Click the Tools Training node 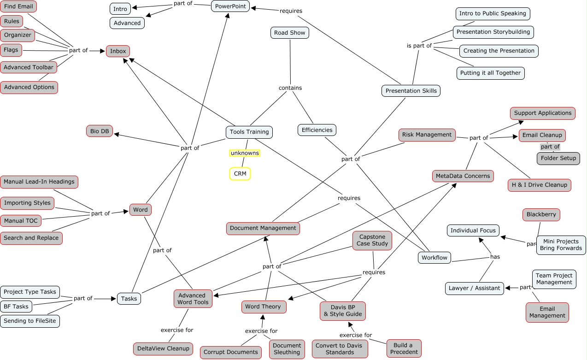[249, 132]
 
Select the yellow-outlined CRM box [240, 174]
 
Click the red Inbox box [118, 51]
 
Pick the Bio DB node [100, 131]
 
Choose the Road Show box [290, 33]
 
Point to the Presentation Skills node [411, 91]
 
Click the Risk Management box [427, 135]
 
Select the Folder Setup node [558, 158]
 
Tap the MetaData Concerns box [463, 176]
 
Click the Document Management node [263, 228]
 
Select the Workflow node [434, 258]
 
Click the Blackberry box [541, 214]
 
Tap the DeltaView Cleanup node [163, 348]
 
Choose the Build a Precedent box [404, 348]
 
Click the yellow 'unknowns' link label [245, 153]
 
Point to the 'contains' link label [290, 88]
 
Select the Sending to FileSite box [30, 321]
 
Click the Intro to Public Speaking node [493, 14]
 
